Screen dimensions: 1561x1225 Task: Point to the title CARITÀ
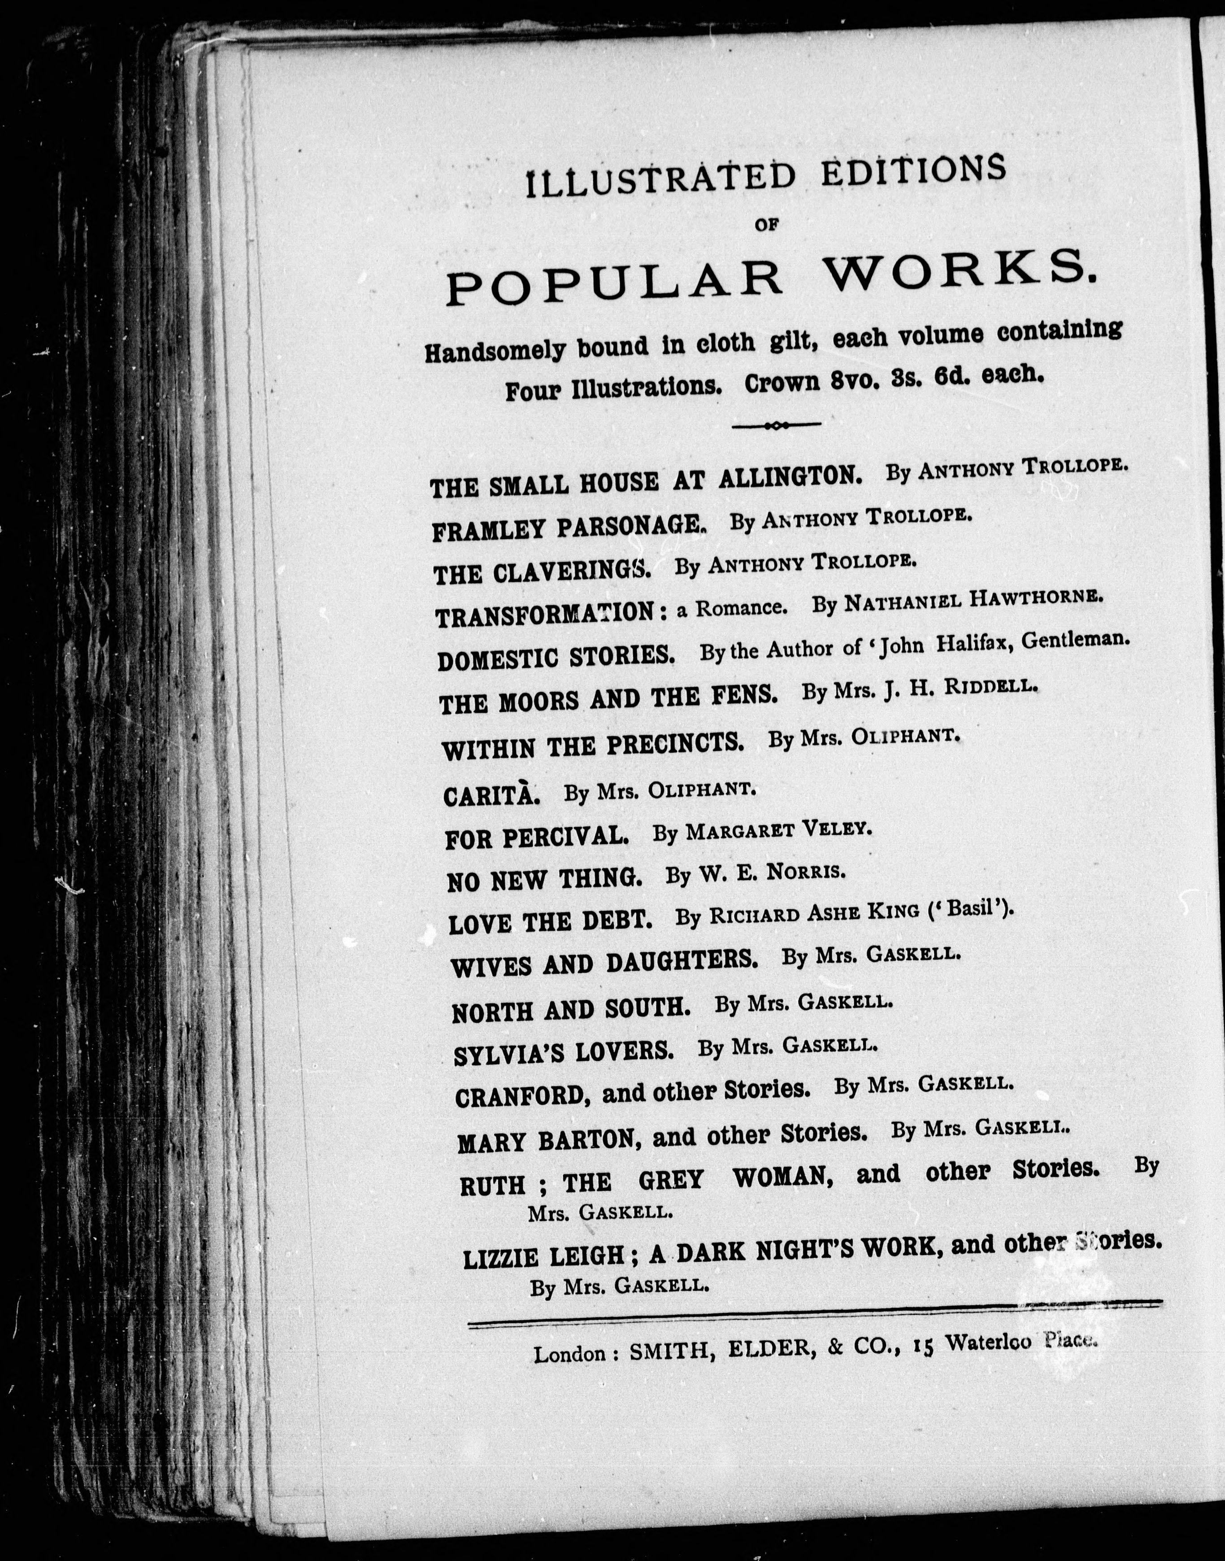(492, 795)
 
